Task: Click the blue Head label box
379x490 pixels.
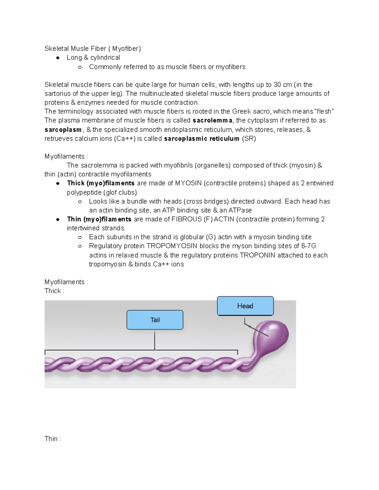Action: pos(245,306)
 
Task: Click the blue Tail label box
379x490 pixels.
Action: pos(155,320)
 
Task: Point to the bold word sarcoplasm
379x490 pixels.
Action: pos(63,130)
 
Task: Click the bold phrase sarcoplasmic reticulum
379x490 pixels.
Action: pos(202,139)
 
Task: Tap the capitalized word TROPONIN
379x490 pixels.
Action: pos(257,255)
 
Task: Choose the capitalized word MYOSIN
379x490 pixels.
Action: pos(188,183)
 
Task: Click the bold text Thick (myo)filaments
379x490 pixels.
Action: pos(101,183)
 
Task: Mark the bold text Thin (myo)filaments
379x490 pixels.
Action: pos(99,219)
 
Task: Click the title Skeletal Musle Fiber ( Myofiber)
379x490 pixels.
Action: pos(93,49)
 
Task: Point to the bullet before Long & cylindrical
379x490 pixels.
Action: pos(58,58)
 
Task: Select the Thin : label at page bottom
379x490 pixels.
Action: pos(53,439)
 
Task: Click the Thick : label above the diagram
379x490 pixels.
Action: pos(54,291)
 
